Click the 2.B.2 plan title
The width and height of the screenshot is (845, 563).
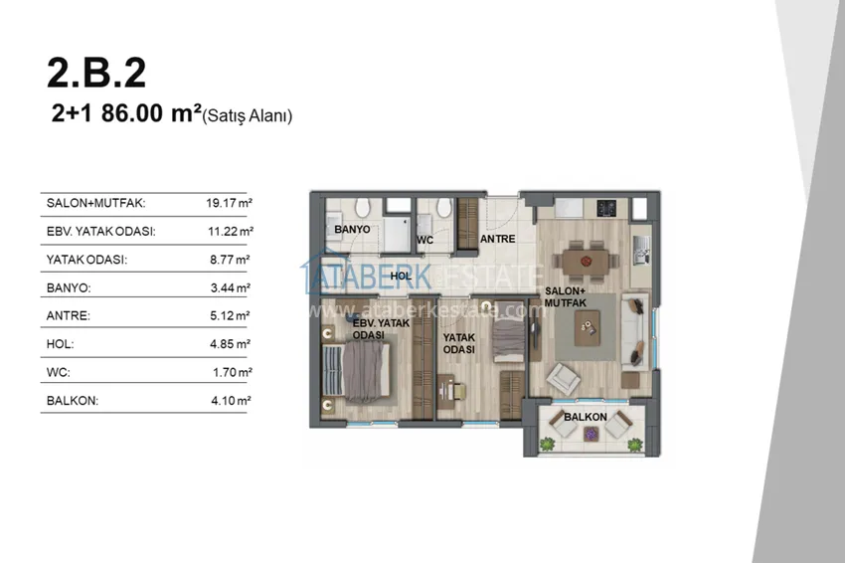click(x=96, y=73)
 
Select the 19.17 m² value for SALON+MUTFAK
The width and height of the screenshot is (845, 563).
click(x=229, y=203)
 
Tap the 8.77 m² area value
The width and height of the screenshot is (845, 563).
click(x=230, y=260)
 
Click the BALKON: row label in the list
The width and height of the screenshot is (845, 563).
click(x=73, y=401)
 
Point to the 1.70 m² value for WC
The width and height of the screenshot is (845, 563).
click(x=233, y=372)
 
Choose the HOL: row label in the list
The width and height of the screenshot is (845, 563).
click(x=60, y=344)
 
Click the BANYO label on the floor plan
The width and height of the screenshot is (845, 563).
click(x=352, y=229)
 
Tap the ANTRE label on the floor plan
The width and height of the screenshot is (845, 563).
click(x=497, y=239)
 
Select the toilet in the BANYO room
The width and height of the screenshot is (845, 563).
click(x=362, y=207)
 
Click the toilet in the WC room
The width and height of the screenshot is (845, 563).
click(x=444, y=207)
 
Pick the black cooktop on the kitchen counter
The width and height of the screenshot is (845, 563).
click(x=606, y=208)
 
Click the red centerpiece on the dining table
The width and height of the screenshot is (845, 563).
click(x=587, y=262)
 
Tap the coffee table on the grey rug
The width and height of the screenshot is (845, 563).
click(x=587, y=328)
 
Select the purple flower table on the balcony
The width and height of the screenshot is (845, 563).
click(x=591, y=433)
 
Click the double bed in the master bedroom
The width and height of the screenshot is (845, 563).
click(x=356, y=372)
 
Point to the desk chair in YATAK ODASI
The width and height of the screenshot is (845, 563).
click(x=458, y=391)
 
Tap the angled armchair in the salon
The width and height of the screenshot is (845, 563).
click(x=563, y=378)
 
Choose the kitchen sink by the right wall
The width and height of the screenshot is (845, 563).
click(x=641, y=251)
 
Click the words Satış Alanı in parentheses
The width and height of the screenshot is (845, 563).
click(x=248, y=115)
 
